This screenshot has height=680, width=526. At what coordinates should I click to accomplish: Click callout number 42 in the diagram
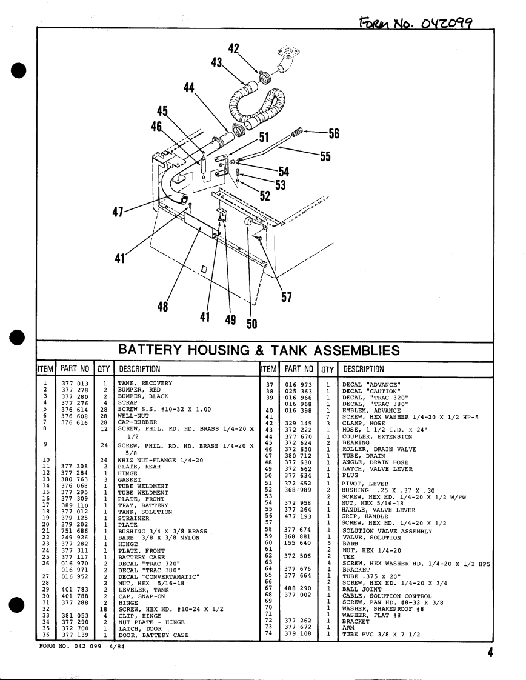[x=234, y=48]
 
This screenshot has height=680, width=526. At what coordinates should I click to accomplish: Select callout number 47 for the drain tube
[x=119, y=212]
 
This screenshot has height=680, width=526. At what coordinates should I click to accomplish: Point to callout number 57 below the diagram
[x=287, y=297]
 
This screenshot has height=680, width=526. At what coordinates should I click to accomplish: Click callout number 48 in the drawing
[x=162, y=307]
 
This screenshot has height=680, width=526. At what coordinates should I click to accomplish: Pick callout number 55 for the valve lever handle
[x=325, y=156]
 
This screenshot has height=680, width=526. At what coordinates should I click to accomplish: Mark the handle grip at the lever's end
[x=298, y=132]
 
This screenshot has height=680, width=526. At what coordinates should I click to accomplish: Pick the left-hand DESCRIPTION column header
[x=139, y=369]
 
